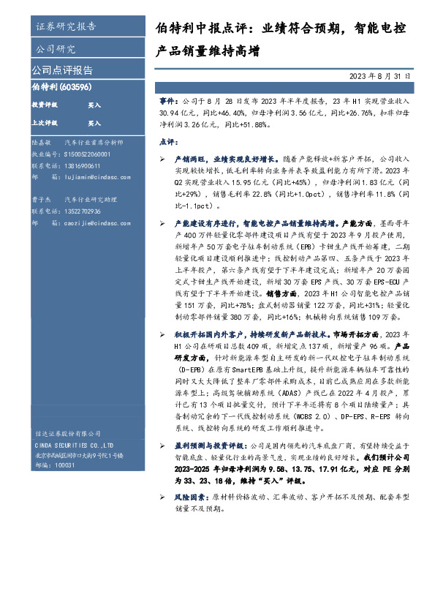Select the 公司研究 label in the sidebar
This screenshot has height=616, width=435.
pyautogui.click(x=56, y=50)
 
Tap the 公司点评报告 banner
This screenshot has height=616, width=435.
pyautogui.click(x=62, y=70)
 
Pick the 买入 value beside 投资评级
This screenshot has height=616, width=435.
pyautogui.click(x=94, y=105)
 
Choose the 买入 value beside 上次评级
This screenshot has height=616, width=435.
pyautogui.click(x=94, y=123)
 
